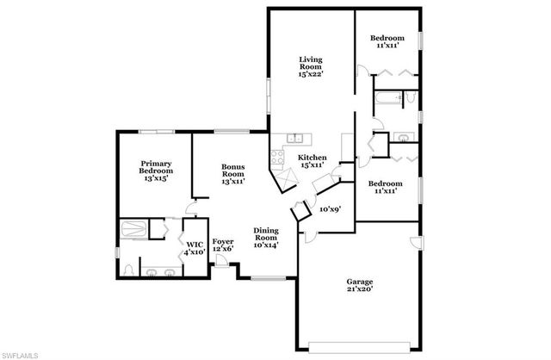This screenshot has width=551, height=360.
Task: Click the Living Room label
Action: pos(310,67)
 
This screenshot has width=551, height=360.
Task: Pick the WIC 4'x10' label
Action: pos(194,248)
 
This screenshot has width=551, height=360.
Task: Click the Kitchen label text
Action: pos(312,162)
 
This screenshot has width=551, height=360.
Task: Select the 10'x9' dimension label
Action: pos(330,208)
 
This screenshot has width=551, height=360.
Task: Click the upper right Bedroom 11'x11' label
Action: pos(386,42)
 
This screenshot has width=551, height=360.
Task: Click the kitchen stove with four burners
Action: pos(278,158)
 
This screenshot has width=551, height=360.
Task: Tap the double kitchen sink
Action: pos(295,138)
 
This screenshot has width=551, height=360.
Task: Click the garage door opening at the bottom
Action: pos(361,347)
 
